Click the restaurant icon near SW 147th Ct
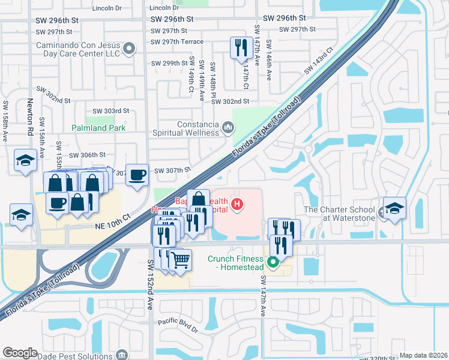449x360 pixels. click(241, 48)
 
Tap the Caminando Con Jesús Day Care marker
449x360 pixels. click(128, 48)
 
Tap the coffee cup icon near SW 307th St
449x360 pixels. click(137, 175)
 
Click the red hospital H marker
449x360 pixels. click(238, 205)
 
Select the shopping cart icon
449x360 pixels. click(180, 260)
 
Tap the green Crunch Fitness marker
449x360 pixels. click(274, 262)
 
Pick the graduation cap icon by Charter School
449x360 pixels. click(394, 208)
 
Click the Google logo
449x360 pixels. click(20, 352)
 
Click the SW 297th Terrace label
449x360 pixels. click(177, 41)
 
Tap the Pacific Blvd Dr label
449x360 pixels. click(178, 325)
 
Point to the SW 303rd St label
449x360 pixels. click(110, 111)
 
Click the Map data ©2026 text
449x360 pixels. click(423, 355)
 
